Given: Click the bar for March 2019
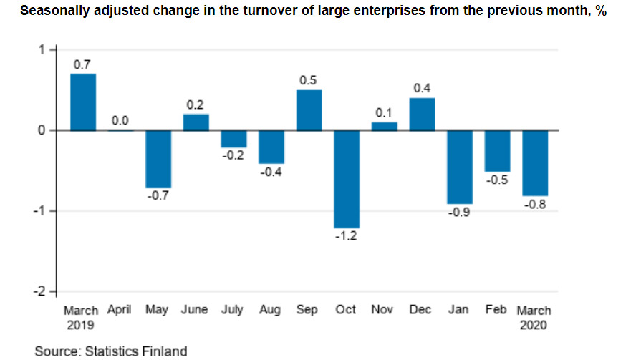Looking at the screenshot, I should [x=82, y=102].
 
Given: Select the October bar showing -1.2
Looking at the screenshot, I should [x=347, y=179].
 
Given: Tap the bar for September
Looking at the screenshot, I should [x=309, y=110].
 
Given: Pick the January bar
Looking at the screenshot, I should [x=459, y=167].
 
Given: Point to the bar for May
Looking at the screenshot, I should [x=158, y=159].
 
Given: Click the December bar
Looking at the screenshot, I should [x=422, y=115].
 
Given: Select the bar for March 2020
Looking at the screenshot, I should [x=535, y=163].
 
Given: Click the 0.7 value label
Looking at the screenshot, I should [x=82, y=64].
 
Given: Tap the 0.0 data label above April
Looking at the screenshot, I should [x=120, y=120].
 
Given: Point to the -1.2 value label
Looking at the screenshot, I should [x=347, y=237].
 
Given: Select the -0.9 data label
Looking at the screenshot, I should [x=459, y=213].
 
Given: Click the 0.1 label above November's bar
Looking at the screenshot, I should [x=384, y=113].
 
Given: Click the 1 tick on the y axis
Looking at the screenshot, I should [x=42, y=49].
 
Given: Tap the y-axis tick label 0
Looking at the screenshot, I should [x=42, y=130].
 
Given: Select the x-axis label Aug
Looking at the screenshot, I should [x=271, y=310].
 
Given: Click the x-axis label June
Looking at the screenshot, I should [x=194, y=310].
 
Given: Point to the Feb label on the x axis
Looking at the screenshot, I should [x=496, y=310].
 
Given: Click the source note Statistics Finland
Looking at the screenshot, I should [x=110, y=351].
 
